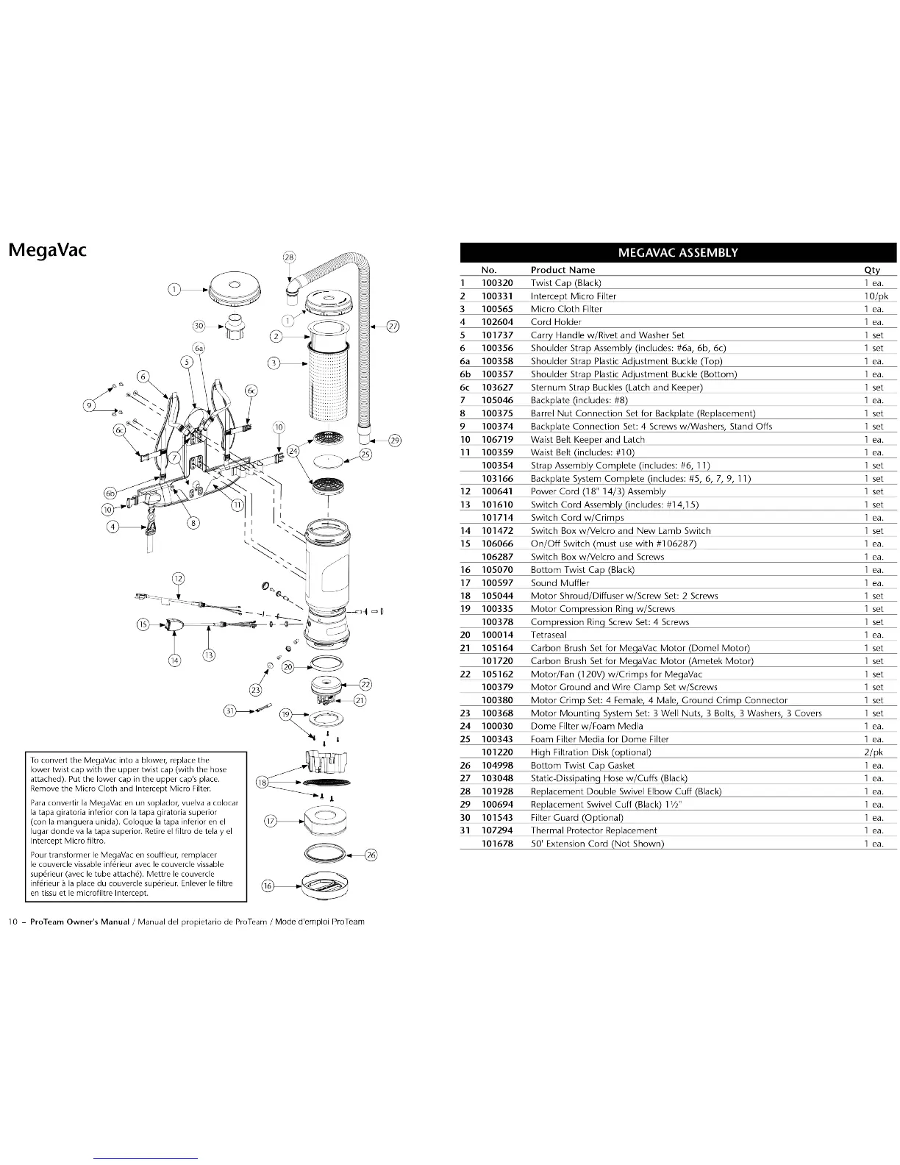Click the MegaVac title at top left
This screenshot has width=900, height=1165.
(x=47, y=250)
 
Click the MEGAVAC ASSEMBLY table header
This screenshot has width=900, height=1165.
(x=677, y=252)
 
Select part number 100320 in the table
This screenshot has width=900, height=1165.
(x=497, y=283)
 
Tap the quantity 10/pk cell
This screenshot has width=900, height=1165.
(x=876, y=296)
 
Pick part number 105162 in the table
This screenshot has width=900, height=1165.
(x=497, y=674)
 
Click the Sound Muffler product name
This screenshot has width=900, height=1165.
(x=560, y=583)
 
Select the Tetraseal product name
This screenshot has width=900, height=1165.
(x=549, y=635)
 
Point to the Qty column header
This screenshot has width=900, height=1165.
(x=872, y=270)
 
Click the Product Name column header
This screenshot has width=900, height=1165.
(x=562, y=270)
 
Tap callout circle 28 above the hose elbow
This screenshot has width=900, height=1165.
(x=289, y=257)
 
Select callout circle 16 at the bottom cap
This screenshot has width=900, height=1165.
(x=268, y=886)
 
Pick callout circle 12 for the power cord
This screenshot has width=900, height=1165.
(x=179, y=577)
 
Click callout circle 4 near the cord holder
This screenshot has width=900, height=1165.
(x=113, y=526)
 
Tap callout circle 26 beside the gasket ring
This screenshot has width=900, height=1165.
(x=371, y=855)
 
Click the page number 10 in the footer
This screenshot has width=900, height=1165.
(x=12, y=922)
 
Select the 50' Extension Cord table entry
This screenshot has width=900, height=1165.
(x=597, y=844)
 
